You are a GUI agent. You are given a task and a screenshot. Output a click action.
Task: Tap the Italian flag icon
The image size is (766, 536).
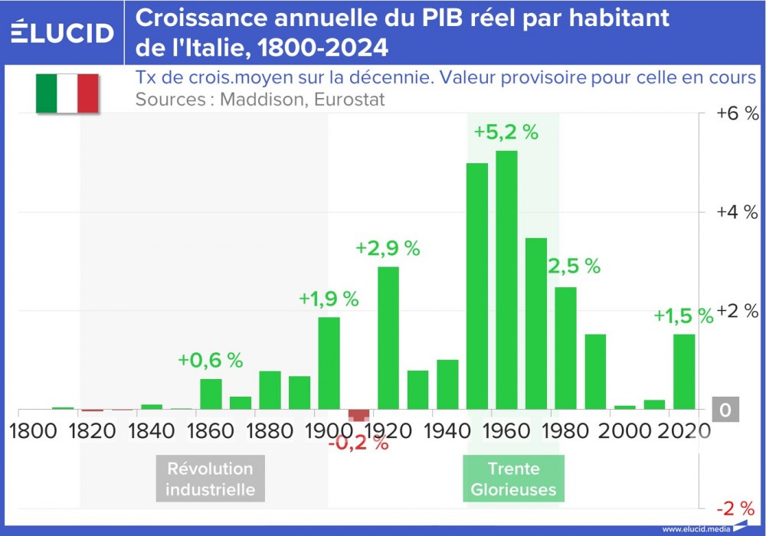coord(67,93)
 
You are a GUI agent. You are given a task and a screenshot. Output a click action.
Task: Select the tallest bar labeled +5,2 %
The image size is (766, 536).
coord(506,279)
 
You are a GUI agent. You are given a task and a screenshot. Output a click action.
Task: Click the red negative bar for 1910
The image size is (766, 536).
coord(358,415)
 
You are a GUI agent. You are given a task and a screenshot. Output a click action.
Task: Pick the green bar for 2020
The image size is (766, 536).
coord(684,371)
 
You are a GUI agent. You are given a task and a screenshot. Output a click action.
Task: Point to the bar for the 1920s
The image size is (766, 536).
coord(388,338)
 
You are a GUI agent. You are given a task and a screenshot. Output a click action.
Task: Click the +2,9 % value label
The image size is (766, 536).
coord(388,248)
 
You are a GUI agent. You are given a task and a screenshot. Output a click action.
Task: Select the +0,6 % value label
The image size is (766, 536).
coord(210,360)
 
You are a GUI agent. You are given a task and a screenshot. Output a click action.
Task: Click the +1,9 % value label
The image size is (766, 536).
coord(329,299)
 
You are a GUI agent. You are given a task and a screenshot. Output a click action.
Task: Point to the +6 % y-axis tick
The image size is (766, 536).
coord(737,113)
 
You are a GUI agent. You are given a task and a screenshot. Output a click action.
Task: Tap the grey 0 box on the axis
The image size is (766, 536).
coord(725,411)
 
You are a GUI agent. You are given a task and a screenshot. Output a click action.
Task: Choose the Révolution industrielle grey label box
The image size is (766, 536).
coord(210,479)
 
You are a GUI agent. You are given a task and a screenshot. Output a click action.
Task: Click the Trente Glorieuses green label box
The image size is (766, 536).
coord(513,479)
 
